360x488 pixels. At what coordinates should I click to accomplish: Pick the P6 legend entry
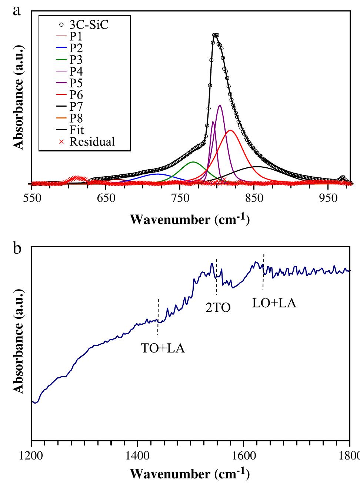click(76, 95)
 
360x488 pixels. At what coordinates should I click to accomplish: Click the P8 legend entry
click(76, 118)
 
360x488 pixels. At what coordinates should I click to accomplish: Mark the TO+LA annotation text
click(163, 348)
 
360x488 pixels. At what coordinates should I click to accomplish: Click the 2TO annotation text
click(218, 307)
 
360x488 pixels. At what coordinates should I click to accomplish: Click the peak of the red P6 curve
click(230, 130)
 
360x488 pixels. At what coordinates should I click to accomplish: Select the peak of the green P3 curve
click(193, 162)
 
